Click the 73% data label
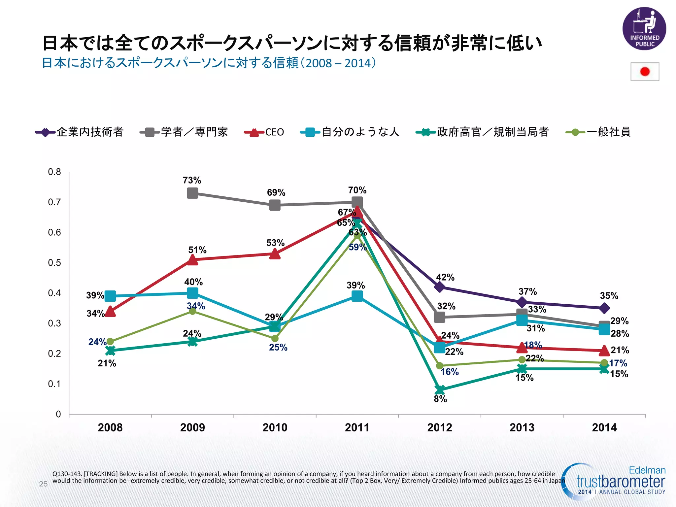click(x=192, y=180)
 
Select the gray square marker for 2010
click(x=275, y=205)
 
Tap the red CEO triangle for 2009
click(x=192, y=260)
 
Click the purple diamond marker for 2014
click(x=604, y=308)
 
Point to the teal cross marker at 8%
click(x=439, y=390)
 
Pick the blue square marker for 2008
click(x=110, y=296)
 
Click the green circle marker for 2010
click(x=275, y=338)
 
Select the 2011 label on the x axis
click(x=357, y=428)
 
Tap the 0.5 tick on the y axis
click(x=54, y=263)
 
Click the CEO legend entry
click(x=264, y=132)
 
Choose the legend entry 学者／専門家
click(x=184, y=132)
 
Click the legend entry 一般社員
click(x=598, y=132)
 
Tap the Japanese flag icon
click(x=645, y=72)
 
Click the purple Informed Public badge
click(x=644, y=29)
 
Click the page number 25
click(x=43, y=484)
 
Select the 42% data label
click(x=445, y=277)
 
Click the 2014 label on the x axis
click(x=604, y=428)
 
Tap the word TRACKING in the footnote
click(x=101, y=474)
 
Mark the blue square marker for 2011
click(x=357, y=296)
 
